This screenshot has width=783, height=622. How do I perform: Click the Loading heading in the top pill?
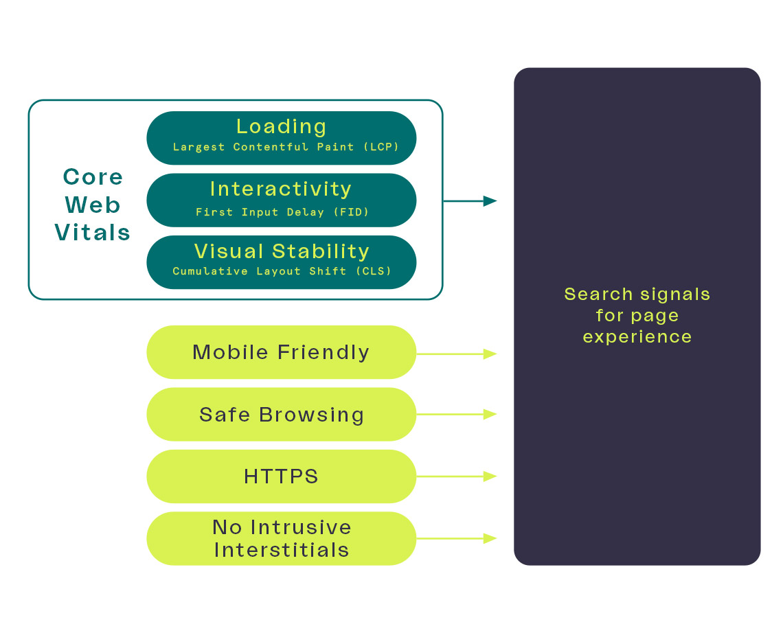coord(281,127)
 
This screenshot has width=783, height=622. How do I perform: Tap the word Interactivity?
coord(281,189)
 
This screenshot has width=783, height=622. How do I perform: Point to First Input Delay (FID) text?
coord(282,212)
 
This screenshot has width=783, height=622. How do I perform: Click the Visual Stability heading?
coord(282,251)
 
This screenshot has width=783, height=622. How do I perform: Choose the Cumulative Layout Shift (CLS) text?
coord(282,271)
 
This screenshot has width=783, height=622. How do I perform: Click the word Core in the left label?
coord(93,177)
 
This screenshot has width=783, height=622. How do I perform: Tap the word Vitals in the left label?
coord(93,233)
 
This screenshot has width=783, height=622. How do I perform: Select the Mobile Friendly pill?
coord(281,353)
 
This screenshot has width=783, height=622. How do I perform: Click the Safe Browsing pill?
coord(281,415)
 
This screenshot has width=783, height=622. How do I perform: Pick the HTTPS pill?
coord(281,476)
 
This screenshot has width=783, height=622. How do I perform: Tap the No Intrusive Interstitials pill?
coord(281,538)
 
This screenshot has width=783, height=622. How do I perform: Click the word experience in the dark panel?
coord(637,337)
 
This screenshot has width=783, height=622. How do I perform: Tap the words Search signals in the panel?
coord(637,295)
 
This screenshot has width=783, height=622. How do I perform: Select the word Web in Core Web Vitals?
coord(93,205)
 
